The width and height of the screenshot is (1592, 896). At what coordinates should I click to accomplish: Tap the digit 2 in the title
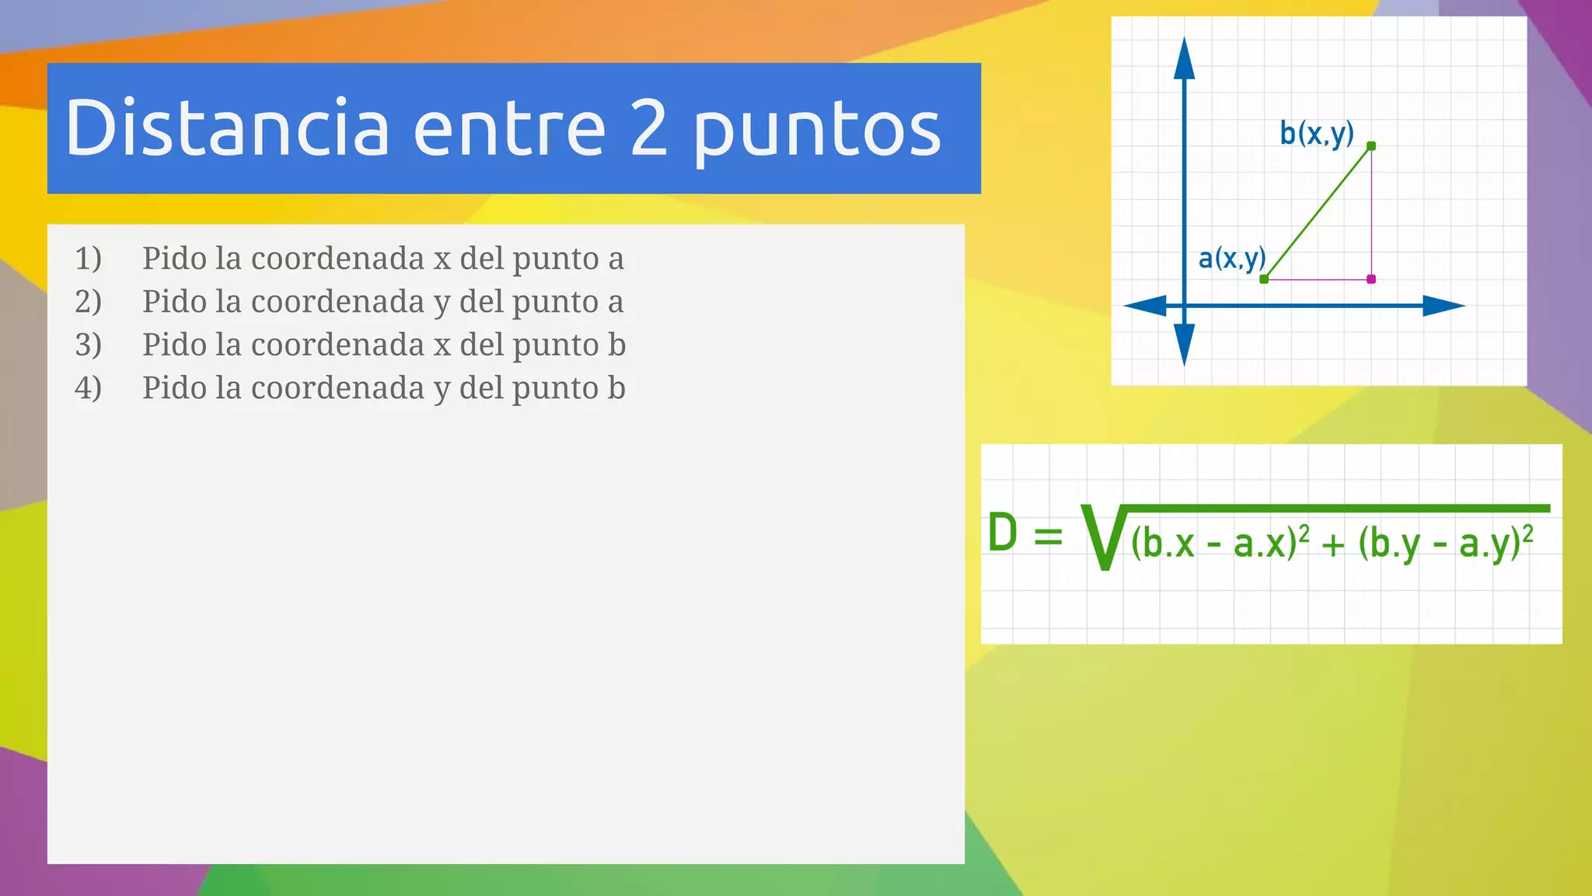click(x=649, y=128)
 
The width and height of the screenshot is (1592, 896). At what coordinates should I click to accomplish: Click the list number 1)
click(x=88, y=258)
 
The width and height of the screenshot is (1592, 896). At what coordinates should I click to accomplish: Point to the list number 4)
click(x=88, y=388)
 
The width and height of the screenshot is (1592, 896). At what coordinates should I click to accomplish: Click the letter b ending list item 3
click(x=616, y=345)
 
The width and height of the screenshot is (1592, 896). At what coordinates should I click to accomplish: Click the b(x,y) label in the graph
click(x=1317, y=134)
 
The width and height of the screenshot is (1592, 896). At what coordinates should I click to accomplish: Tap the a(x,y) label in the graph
click(x=1232, y=257)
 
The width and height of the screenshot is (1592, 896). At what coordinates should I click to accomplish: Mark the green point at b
click(x=1371, y=146)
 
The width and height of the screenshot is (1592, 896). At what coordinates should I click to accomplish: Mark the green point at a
click(x=1264, y=278)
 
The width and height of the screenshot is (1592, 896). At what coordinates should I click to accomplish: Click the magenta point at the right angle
click(x=1371, y=278)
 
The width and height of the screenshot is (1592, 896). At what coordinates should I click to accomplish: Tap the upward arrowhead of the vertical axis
click(x=1184, y=59)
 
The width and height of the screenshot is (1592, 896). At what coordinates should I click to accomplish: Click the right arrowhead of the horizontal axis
click(x=1444, y=306)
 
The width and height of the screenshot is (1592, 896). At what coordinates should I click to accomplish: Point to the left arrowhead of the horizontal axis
click(x=1146, y=306)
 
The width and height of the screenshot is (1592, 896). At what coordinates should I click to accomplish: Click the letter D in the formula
click(x=1003, y=534)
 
